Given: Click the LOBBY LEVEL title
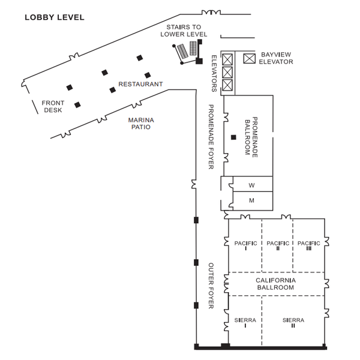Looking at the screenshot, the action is [55, 17].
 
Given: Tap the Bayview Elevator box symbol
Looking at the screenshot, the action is [250, 58].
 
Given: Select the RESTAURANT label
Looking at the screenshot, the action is [140, 84].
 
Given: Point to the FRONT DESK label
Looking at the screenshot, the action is [53, 106].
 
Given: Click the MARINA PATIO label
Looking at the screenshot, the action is [141, 123].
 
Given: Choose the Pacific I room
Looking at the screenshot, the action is [245, 245].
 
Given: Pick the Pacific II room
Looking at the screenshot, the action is [277, 245].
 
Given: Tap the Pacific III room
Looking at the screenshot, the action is [309, 245].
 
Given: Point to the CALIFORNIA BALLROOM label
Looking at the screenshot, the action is [275, 284].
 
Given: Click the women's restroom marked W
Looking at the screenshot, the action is [253, 184].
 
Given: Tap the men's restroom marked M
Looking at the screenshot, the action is [253, 201].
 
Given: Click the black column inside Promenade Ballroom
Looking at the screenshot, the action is [233, 137].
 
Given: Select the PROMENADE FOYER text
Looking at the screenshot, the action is [211, 137].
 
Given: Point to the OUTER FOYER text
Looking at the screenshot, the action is [211, 286].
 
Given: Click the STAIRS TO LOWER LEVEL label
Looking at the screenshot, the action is [184, 31].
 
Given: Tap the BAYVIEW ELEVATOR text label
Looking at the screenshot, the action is [276, 58].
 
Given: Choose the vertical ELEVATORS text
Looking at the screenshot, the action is [214, 73].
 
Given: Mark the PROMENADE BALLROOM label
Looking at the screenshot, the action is [251, 137].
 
